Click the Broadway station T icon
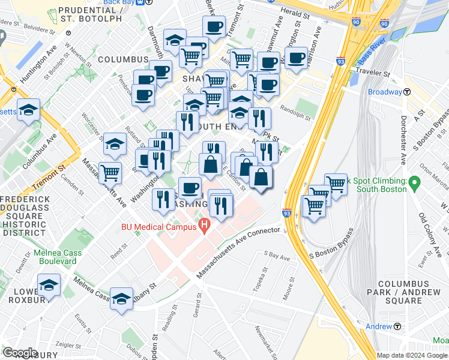(407, 92)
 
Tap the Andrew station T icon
(397, 326)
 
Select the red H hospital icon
(205, 227)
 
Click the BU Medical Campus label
(158, 227)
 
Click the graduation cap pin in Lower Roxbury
(49, 286)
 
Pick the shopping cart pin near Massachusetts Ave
(110, 173)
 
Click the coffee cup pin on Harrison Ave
(296, 58)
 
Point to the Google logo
(20, 352)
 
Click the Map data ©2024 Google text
(411, 355)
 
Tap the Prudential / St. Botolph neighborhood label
(92, 16)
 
